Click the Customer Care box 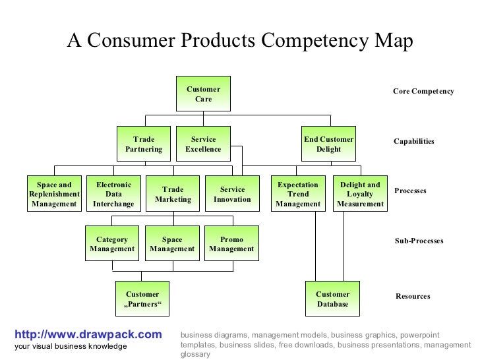203,94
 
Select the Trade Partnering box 144,144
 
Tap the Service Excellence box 203,144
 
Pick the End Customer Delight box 328,144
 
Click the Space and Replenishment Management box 54,195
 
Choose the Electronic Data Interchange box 113,195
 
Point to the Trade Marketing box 173,195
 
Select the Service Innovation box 232,195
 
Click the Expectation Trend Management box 298,195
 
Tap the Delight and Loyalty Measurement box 360,195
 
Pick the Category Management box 112,244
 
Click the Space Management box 172,244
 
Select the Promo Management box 231,244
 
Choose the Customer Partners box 142,299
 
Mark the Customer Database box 332,299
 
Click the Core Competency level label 423,91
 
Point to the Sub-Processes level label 419,241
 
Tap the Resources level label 413,297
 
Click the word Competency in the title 305,41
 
